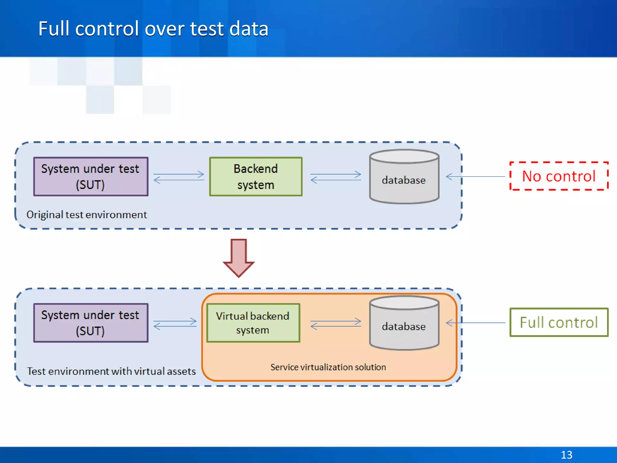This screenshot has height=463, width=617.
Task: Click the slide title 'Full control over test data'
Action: coord(153,29)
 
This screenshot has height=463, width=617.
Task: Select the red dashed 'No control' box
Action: coord(559,176)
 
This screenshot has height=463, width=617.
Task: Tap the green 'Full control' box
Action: coord(559,322)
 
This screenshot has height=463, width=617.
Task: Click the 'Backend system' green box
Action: coord(256,177)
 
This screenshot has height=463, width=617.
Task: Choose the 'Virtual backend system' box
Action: coord(253,323)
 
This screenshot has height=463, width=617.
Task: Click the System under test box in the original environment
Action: coord(91,177)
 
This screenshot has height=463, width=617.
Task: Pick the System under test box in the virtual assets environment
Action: coord(91,323)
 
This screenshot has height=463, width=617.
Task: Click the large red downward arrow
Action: coord(239,257)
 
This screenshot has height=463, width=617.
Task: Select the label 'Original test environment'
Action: coord(86,215)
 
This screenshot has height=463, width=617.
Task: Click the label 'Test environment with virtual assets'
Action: coord(111,371)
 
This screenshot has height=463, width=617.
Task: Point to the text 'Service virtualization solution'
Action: coord(328,367)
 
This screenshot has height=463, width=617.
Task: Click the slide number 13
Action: coord(566,455)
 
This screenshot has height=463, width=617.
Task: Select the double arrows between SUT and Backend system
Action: coord(179,177)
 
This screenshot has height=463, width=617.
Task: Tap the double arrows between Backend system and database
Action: coord(336,177)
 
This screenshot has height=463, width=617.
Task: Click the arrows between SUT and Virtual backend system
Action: coord(175,323)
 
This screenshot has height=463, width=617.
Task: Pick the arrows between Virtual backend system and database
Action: coord(336,324)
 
